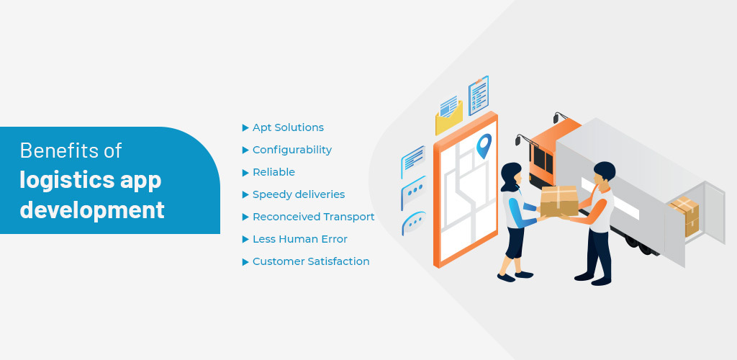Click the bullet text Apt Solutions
(288, 127)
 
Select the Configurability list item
(292, 150)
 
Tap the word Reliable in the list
(273, 172)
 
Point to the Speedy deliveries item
(299, 194)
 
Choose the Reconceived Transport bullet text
(314, 217)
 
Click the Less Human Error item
(300, 239)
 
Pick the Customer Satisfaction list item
(311, 261)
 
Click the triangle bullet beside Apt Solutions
(245, 128)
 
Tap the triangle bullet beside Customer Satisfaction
(245, 262)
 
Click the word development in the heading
(92, 210)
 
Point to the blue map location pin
(484, 145)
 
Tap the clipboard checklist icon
(479, 96)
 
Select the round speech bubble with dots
(414, 223)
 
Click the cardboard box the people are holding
(559, 201)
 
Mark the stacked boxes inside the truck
(684, 216)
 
